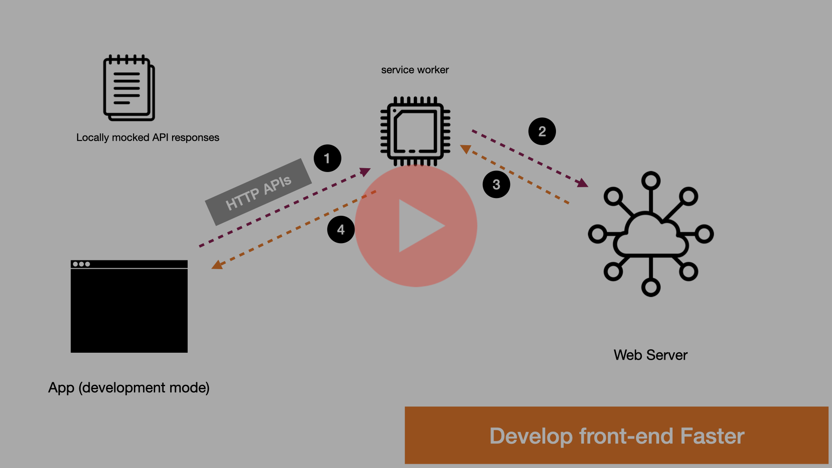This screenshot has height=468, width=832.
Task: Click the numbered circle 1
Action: tap(327, 158)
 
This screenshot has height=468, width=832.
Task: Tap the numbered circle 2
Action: tap(542, 131)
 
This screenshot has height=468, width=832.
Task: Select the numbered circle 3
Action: tap(496, 185)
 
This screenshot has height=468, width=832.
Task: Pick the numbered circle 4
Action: tap(341, 229)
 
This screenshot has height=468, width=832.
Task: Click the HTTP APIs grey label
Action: tap(258, 192)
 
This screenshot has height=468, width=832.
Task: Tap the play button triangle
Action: tap(419, 226)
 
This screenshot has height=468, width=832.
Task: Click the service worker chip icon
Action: tap(415, 131)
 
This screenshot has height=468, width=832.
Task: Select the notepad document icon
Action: tap(129, 88)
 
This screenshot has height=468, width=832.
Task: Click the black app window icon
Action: tap(129, 310)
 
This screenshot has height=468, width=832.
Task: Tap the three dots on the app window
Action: tap(81, 264)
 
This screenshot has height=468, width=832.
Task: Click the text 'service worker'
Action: tap(415, 70)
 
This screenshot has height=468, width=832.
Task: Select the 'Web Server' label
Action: tap(650, 355)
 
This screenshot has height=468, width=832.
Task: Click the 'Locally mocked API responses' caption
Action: tap(148, 137)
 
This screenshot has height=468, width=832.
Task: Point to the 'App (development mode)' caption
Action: tap(129, 387)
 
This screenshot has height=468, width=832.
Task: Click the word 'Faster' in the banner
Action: tap(712, 436)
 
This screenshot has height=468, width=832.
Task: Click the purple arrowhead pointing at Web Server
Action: tap(582, 183)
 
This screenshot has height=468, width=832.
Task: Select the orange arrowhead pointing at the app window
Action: tap(217, 265)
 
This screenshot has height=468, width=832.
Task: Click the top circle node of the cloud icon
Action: tap(650, 181)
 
